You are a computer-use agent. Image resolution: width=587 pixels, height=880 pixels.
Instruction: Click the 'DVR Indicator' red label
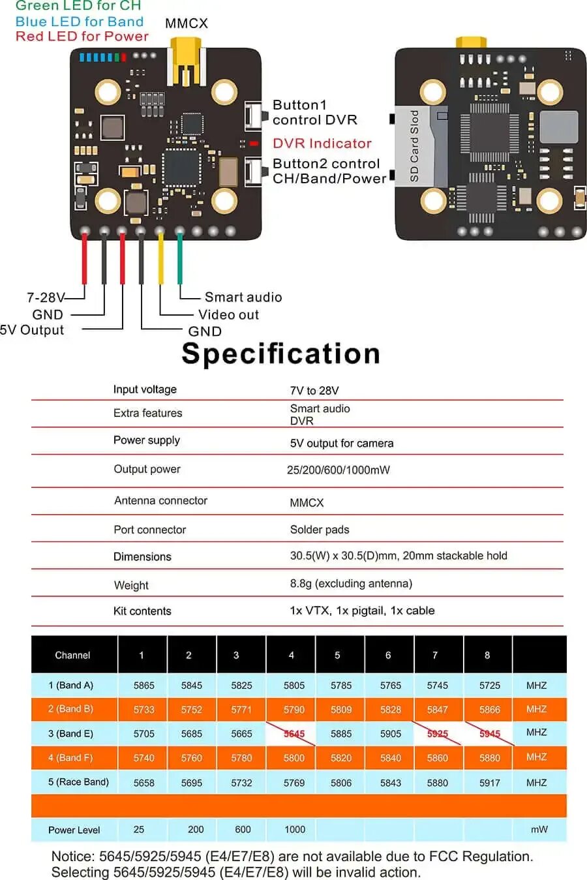[322, 144]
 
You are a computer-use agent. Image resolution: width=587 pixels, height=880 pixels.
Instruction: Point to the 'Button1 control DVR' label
[314, 112]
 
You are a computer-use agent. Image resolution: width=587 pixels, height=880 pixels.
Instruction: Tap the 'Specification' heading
[280, 354]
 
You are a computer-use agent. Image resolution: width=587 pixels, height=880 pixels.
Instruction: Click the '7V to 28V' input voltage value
[314, 391]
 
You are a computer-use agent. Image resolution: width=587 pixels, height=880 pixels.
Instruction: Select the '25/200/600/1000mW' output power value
[338, 470]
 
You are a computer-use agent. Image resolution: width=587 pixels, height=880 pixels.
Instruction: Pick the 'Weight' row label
[131, 585]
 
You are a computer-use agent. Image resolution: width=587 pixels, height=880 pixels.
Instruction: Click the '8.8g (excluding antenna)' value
[351, 584]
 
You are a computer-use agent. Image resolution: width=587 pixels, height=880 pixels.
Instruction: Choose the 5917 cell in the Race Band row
[489, 783]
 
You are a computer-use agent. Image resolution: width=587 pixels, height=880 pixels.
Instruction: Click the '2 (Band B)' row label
[70, 709]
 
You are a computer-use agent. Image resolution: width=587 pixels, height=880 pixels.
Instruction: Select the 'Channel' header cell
[72, 655]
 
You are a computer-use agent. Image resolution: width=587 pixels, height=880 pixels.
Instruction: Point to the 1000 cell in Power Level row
[294, 829]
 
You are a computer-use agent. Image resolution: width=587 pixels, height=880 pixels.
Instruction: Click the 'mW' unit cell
[539, 829]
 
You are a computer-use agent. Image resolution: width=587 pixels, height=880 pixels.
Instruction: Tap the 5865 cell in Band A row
[143, 686]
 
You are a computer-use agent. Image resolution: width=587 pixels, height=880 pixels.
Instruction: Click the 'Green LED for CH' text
[78, 6]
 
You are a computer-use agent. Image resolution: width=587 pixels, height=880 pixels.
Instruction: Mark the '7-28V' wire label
[45, 297]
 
